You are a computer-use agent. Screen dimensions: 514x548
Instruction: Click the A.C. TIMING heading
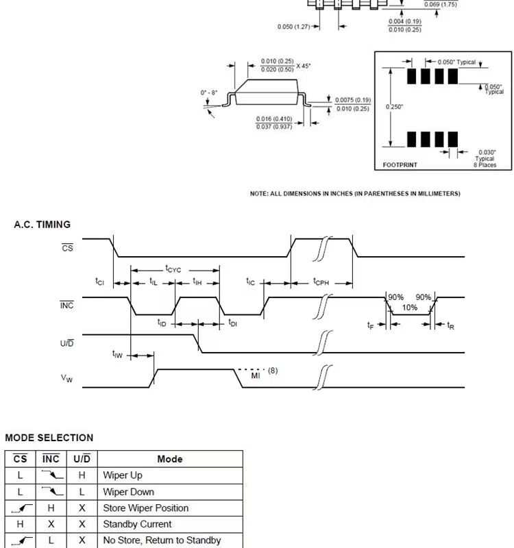42,225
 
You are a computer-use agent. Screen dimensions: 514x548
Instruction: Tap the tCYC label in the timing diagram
173,269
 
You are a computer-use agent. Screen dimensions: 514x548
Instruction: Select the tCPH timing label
321,282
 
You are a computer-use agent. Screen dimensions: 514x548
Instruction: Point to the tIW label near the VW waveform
117,354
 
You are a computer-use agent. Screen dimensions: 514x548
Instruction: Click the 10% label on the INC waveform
409,308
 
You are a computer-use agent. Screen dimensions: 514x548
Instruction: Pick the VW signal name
66,378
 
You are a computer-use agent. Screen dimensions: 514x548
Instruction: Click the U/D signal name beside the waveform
66,343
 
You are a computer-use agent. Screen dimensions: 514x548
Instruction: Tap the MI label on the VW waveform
256,375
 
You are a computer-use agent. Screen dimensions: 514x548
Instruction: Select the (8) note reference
273,371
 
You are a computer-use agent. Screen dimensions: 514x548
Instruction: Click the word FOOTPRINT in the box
400,165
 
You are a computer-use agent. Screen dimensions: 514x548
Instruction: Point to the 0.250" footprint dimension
395,107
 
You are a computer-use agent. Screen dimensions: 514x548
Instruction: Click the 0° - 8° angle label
209,92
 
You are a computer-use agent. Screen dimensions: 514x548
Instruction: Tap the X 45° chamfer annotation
303,66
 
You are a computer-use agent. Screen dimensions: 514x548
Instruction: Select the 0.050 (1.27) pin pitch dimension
293,27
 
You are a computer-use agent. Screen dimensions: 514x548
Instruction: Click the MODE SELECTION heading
49,438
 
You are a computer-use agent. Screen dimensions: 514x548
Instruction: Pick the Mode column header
170,459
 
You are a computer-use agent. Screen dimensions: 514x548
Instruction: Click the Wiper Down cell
128,492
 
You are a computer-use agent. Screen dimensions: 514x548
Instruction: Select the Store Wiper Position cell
145,508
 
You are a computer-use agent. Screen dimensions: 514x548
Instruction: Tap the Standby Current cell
137,524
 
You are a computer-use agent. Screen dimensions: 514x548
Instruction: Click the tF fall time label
370,325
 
